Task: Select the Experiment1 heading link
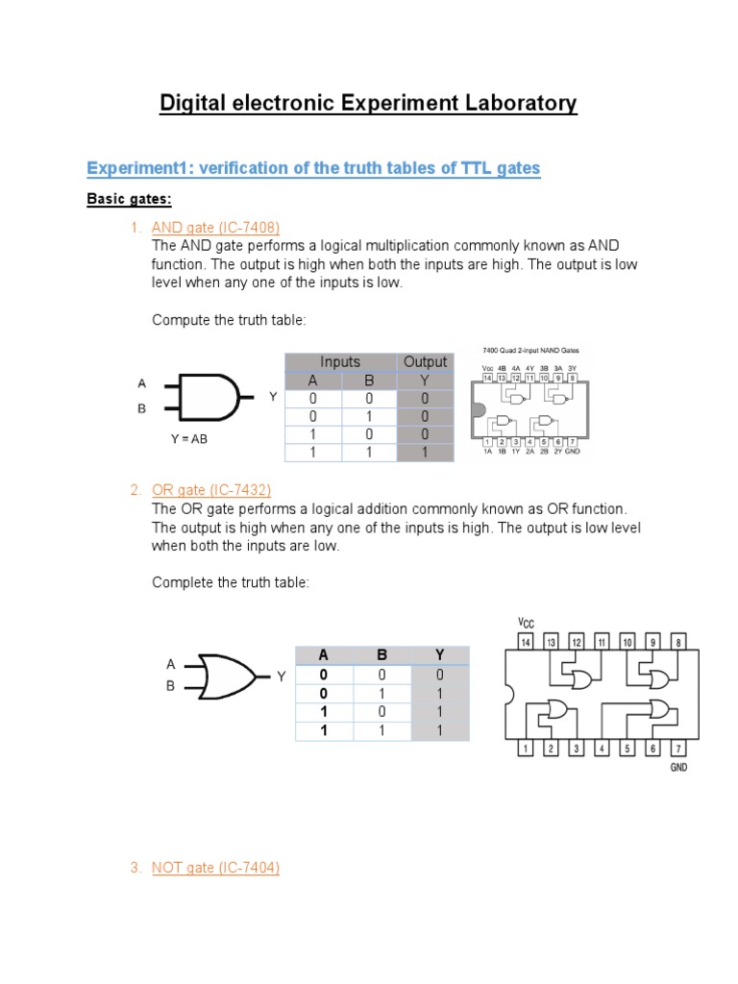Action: (x=313, y=168)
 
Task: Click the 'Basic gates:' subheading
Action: (x=129, y=199)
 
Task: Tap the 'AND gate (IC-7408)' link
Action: (x=215, y=228)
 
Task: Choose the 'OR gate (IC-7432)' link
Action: (x=213, y=490)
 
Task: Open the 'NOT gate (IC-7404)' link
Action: (x=215, y=868)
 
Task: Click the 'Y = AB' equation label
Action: (x=188, y=439)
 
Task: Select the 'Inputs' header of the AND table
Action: (x=340, y=361)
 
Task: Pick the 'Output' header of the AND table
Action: (x=425, y=361)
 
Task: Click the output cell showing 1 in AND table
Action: (x=425, y=453)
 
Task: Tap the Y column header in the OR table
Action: (x=439, y=655)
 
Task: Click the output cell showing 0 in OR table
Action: (x=439, y=675)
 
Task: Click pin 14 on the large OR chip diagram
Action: (x=526, y=641)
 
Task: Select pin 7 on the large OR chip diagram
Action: (x=679, y=748)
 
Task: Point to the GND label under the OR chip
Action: (x=678, y=768)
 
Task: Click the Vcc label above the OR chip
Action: (x=526, y=622)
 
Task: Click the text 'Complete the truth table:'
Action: (x=231, y=583)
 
